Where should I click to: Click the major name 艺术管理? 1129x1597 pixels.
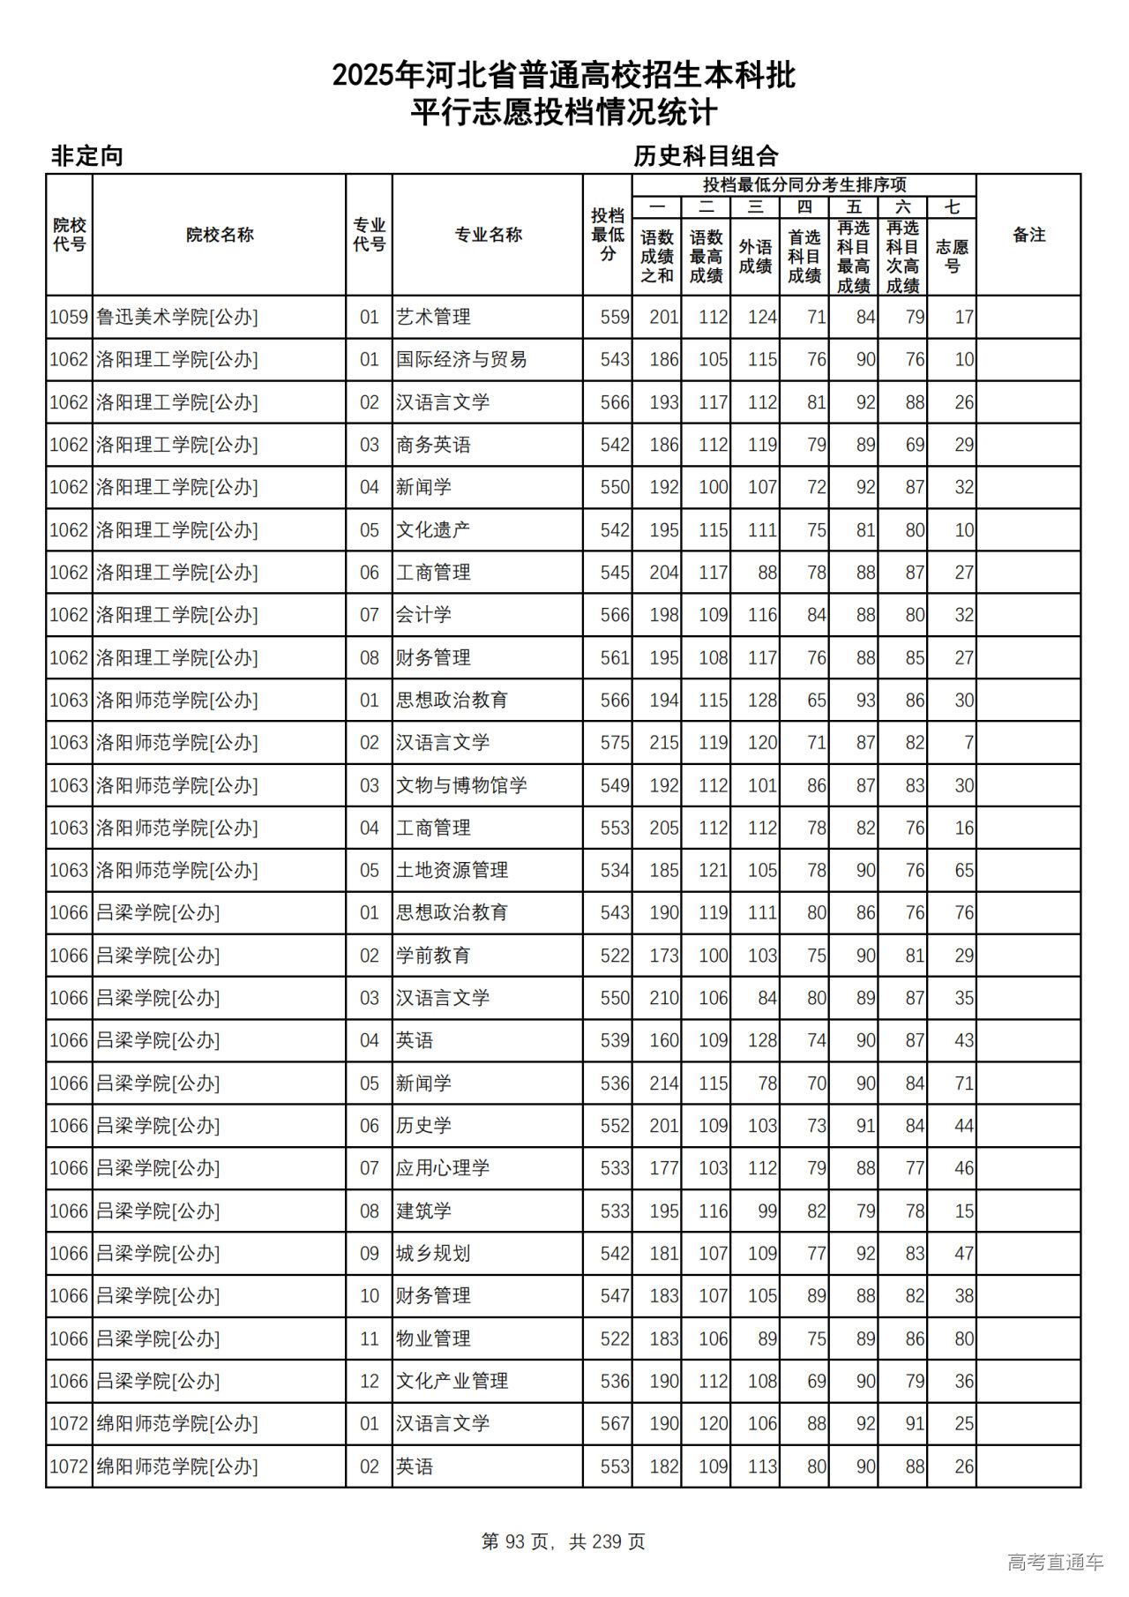pos(433,317)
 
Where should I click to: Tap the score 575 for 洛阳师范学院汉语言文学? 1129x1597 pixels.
pos(615,743)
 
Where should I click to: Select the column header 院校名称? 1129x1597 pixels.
pos(220,235)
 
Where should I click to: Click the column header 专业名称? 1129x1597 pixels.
pos(488,235)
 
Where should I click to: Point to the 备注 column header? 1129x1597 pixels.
pos(1028,235)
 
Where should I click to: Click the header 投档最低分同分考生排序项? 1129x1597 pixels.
pos(804,184)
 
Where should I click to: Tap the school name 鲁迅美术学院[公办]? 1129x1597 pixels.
pos(176,317)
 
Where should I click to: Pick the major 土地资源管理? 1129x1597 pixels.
pos(452,870)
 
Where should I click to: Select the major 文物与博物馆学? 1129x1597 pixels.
pos(461,785)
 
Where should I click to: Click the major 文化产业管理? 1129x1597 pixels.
pos(452,1381)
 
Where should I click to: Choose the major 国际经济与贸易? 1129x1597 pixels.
pos(461,359)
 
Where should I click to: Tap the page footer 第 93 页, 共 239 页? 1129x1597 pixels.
pos(564,1541)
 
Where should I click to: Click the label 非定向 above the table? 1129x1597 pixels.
pos(86,156)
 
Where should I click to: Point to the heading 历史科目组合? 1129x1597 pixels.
pos(706,156)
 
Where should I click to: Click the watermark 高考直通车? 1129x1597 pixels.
pos(1055,1562)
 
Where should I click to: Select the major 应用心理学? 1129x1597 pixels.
pos(443,1168)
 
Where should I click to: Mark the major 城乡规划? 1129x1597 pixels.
pos(433,1254)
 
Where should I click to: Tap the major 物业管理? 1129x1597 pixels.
pos(433,1338)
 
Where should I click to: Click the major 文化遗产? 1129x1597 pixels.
pos(433,530)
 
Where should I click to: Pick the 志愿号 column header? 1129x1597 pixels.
pos(952,256)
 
